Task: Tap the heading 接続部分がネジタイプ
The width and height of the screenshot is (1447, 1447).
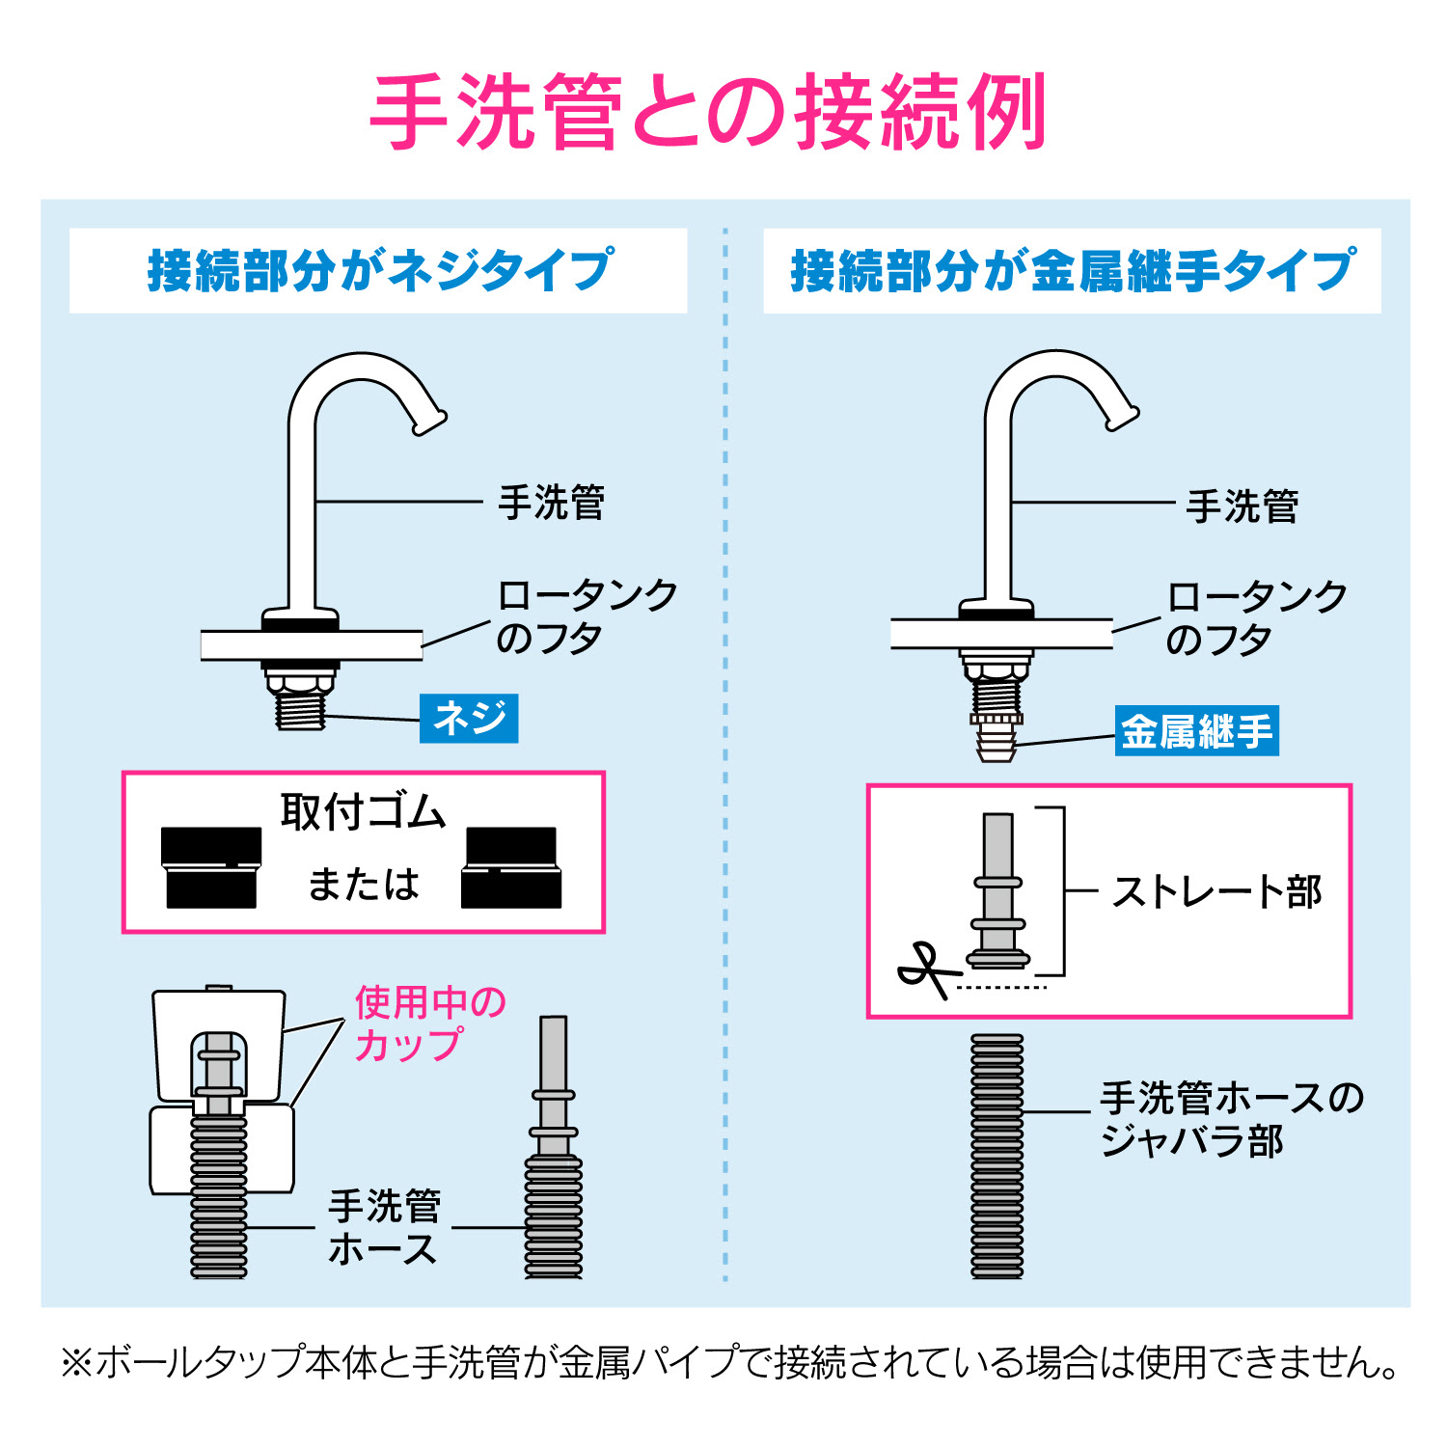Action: click(x=379, y=270)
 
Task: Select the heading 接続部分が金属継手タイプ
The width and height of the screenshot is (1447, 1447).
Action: click(x=1073, y=270)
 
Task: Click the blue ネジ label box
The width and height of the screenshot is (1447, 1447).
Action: click(x=469, y=718)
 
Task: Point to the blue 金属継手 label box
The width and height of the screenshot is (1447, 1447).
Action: click(x=1196, y=730)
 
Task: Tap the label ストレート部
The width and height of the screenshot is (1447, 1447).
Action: click(x=1217, y=891)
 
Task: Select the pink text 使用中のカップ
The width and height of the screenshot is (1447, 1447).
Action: click(x=430, y=1024)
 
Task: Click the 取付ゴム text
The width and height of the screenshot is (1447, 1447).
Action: click(x=363, y=812)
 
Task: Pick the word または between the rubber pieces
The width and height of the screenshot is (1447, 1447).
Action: click(x=364, y=884)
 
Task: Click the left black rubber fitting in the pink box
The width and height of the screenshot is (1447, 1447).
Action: click(x=211, y=867)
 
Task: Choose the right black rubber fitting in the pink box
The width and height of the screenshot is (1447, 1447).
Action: click(x=511, y=867)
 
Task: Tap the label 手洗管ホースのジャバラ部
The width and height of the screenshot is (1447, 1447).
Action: click(x=1232, y=1119)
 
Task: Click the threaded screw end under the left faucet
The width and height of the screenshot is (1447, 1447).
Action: click(x=300, y=710)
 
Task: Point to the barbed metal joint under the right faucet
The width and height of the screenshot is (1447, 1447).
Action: click(x=997, y=742)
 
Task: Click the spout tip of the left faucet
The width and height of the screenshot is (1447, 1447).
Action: click(x=430, y=422)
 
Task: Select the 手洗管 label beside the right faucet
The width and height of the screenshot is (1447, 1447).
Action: click(x=1242, y=506)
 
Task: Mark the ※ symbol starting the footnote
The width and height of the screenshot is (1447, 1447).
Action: click(x=76, y=1363)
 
